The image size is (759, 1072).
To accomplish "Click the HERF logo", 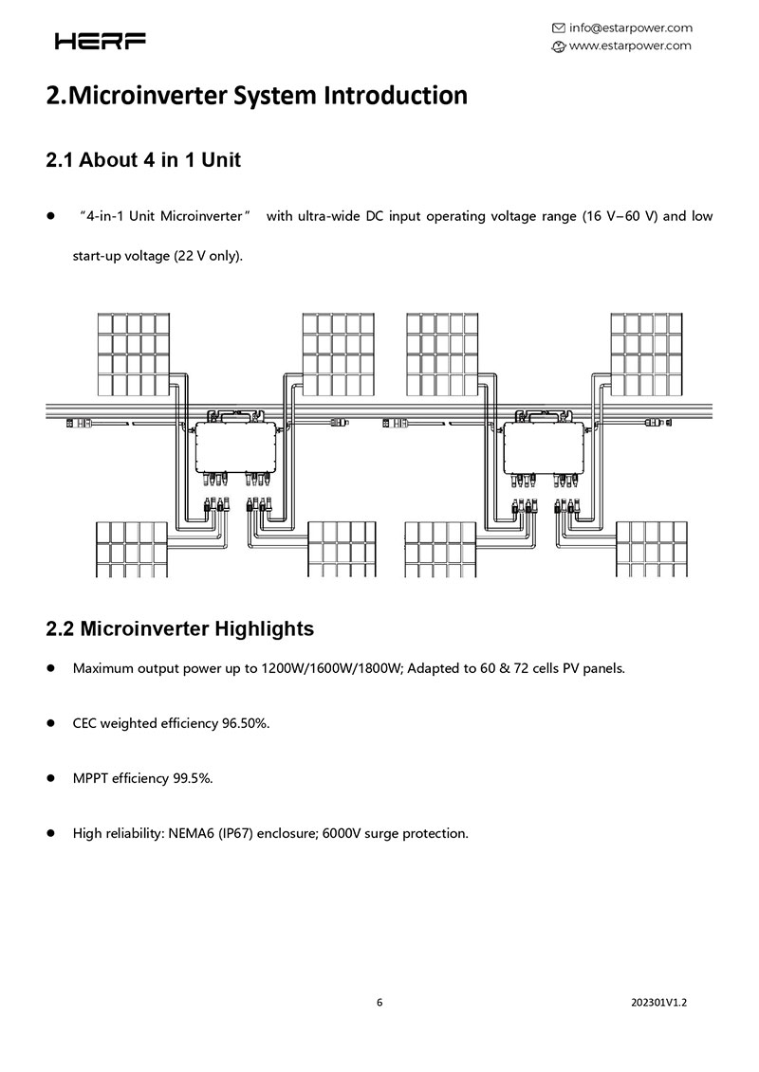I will tap(101, 41).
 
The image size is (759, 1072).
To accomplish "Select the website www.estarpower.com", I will tap(630, 45).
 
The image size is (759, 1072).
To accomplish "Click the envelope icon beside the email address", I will tap(558, 27).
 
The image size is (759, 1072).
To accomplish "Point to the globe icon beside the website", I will tap(558, 45).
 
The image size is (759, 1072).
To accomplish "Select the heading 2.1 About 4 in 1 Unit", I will tap(143, 159).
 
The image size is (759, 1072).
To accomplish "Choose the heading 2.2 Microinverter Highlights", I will tap(180, 628).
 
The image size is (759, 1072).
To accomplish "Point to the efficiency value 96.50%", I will tap(246, 723).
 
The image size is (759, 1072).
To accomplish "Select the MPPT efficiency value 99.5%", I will tap(193, 778).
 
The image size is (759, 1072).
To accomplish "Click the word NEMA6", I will tap(190, 833).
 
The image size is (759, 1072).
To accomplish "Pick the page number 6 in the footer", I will tap(379, 1002).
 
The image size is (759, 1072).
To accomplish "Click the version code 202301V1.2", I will tap(658, 1002).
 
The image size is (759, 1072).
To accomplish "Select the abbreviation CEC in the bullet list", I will tap(85, 723).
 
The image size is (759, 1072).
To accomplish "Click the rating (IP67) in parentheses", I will tap(237, 833).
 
